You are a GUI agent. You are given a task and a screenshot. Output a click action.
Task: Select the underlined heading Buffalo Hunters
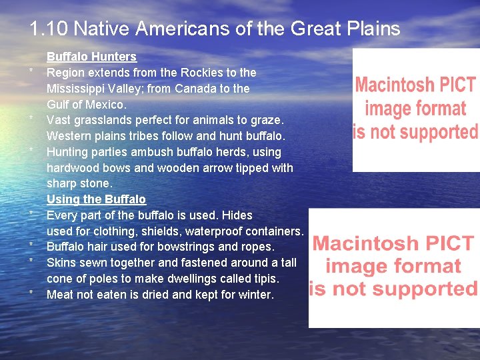(91, 57)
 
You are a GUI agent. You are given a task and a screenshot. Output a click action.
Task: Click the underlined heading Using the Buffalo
(96, 199)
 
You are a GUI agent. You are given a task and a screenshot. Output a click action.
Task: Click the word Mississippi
(75, 88)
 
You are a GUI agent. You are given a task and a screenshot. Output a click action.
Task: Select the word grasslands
(101, 120)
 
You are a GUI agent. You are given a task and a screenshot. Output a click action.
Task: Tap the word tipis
(263, 279)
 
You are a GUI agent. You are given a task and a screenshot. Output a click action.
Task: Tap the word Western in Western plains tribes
(69, 136)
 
